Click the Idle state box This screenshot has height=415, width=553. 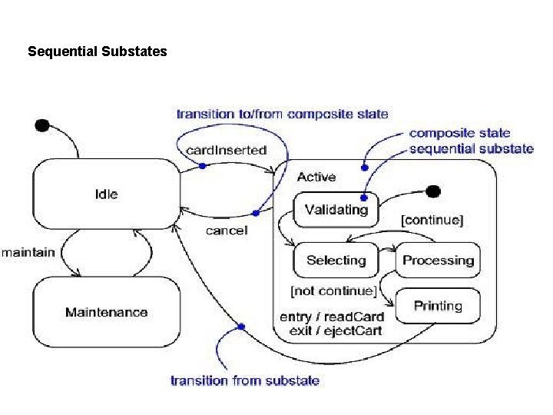point(105,194)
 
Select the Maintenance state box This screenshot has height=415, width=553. point(106,312)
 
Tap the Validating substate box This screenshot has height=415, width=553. point(336,210)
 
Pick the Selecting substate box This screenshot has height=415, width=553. point(336,261)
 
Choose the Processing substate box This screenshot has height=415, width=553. point(438,261)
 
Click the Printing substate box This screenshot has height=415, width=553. point(438,306)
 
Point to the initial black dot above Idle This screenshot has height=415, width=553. point(42,125)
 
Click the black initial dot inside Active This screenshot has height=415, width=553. point(433,191)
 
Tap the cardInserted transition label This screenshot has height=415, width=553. point(227,151)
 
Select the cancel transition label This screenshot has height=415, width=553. point(227,231)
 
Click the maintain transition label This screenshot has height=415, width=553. point(28,252)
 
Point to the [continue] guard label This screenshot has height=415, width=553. point(432,220)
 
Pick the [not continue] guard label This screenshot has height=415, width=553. point(333,291)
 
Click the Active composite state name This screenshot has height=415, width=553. point(316,177)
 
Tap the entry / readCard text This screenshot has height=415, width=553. point(331,317)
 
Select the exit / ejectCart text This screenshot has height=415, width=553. point(336,331)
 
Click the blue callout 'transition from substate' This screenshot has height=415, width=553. point(244,380)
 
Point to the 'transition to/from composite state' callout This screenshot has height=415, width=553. point(282,115)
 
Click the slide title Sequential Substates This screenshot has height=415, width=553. point(97,52)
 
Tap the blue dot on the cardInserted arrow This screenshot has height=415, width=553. point(202,165)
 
